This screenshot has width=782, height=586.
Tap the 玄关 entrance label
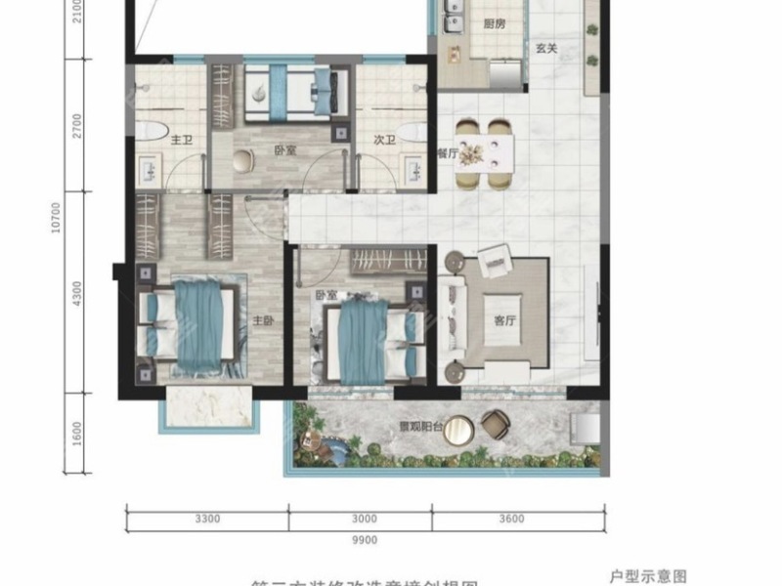546,74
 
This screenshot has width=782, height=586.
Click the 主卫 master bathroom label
181,142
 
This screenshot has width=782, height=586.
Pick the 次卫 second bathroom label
383,141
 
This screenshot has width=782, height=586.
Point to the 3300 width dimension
207,519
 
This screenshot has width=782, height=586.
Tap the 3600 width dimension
510,519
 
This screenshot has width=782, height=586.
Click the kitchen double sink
453,24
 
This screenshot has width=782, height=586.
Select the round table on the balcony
460,430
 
